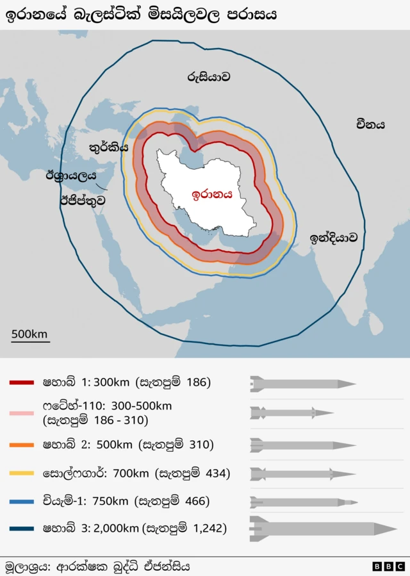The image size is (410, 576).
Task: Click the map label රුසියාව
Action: [209, 77]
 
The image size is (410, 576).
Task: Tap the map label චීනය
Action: [370, 124]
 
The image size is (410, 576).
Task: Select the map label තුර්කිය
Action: [108, 147]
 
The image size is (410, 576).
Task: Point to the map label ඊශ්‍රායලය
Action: [70, 175]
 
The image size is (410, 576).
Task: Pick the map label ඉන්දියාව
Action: [333, 238]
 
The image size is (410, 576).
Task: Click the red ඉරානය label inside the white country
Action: [212, 195]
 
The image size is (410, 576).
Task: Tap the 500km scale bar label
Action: [29, 334]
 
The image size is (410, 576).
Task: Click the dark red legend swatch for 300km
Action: [21, 383]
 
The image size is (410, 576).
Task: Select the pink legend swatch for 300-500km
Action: [21, 413]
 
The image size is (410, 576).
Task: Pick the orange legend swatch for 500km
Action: [21, 445]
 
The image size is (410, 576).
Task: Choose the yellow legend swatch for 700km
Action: [21, 473]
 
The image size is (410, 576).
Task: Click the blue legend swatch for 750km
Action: [21, 501]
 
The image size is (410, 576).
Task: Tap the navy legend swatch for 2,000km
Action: [21, 529]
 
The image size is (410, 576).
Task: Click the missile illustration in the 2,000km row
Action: [323, 529]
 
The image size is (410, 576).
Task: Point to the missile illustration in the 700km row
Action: [302, 474]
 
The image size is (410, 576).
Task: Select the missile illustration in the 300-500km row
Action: [291, 413]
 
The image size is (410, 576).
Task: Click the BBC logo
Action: [388, 566]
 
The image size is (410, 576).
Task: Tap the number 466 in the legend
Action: [197, 501]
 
